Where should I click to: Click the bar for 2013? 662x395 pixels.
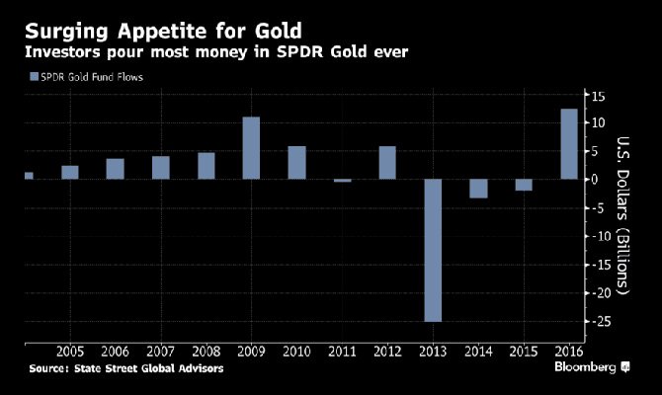point(433,250)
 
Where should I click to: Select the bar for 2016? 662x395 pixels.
point(569,144)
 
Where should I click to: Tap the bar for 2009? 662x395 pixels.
point(251,148)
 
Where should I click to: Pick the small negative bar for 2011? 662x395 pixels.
point(342,181)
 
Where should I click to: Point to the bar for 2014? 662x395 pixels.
point(478,189)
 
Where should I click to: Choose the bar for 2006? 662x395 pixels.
point(115,169)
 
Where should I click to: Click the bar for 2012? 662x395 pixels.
point(387,163)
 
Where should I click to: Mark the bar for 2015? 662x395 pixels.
point(524,185)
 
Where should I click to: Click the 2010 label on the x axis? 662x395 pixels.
point(296,353)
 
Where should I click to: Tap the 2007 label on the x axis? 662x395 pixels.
point(160,353)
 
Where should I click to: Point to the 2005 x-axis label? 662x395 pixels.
point(69,353)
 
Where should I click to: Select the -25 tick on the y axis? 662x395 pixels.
point(599,322)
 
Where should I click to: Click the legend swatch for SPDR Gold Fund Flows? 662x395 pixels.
point(36,76)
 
